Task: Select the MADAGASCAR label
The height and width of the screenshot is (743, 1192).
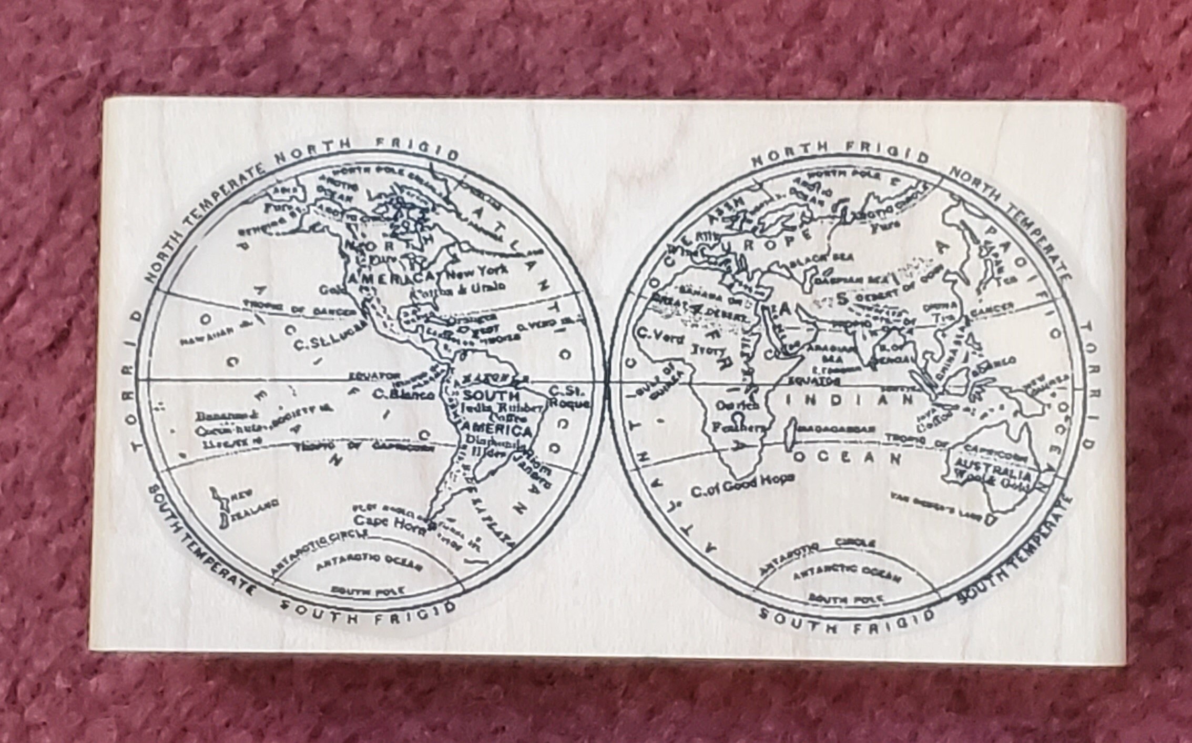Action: coord(837,429)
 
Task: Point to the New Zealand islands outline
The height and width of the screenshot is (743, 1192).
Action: coord(220,505)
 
